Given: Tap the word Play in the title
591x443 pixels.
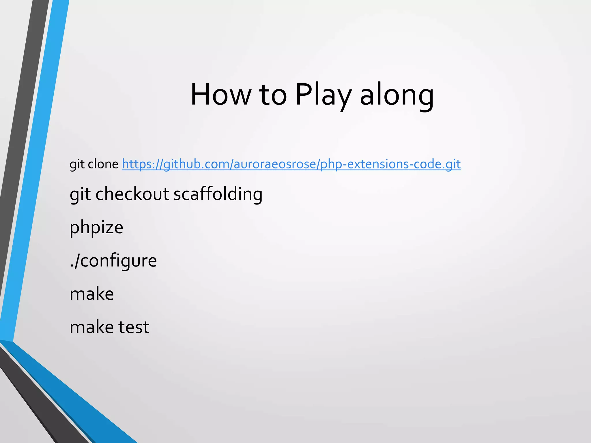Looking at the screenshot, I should point(323,95).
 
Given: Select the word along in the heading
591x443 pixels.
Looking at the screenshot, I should point(397,95).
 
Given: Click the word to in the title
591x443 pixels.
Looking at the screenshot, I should point(273,95).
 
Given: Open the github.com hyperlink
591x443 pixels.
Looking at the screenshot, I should point(291,164).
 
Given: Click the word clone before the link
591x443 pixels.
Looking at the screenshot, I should point(103,164).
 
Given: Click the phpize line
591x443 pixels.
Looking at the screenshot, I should point(96,228).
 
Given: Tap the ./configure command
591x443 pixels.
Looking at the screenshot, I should point(113,260).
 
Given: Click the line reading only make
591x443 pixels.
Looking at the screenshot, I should point(92,294).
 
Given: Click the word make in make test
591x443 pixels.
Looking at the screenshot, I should point(92,327).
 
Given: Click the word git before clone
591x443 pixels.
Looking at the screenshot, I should point(77,164).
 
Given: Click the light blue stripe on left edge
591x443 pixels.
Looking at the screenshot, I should point(35,173).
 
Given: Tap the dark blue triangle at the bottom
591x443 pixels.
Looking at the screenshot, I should point(72,404).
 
